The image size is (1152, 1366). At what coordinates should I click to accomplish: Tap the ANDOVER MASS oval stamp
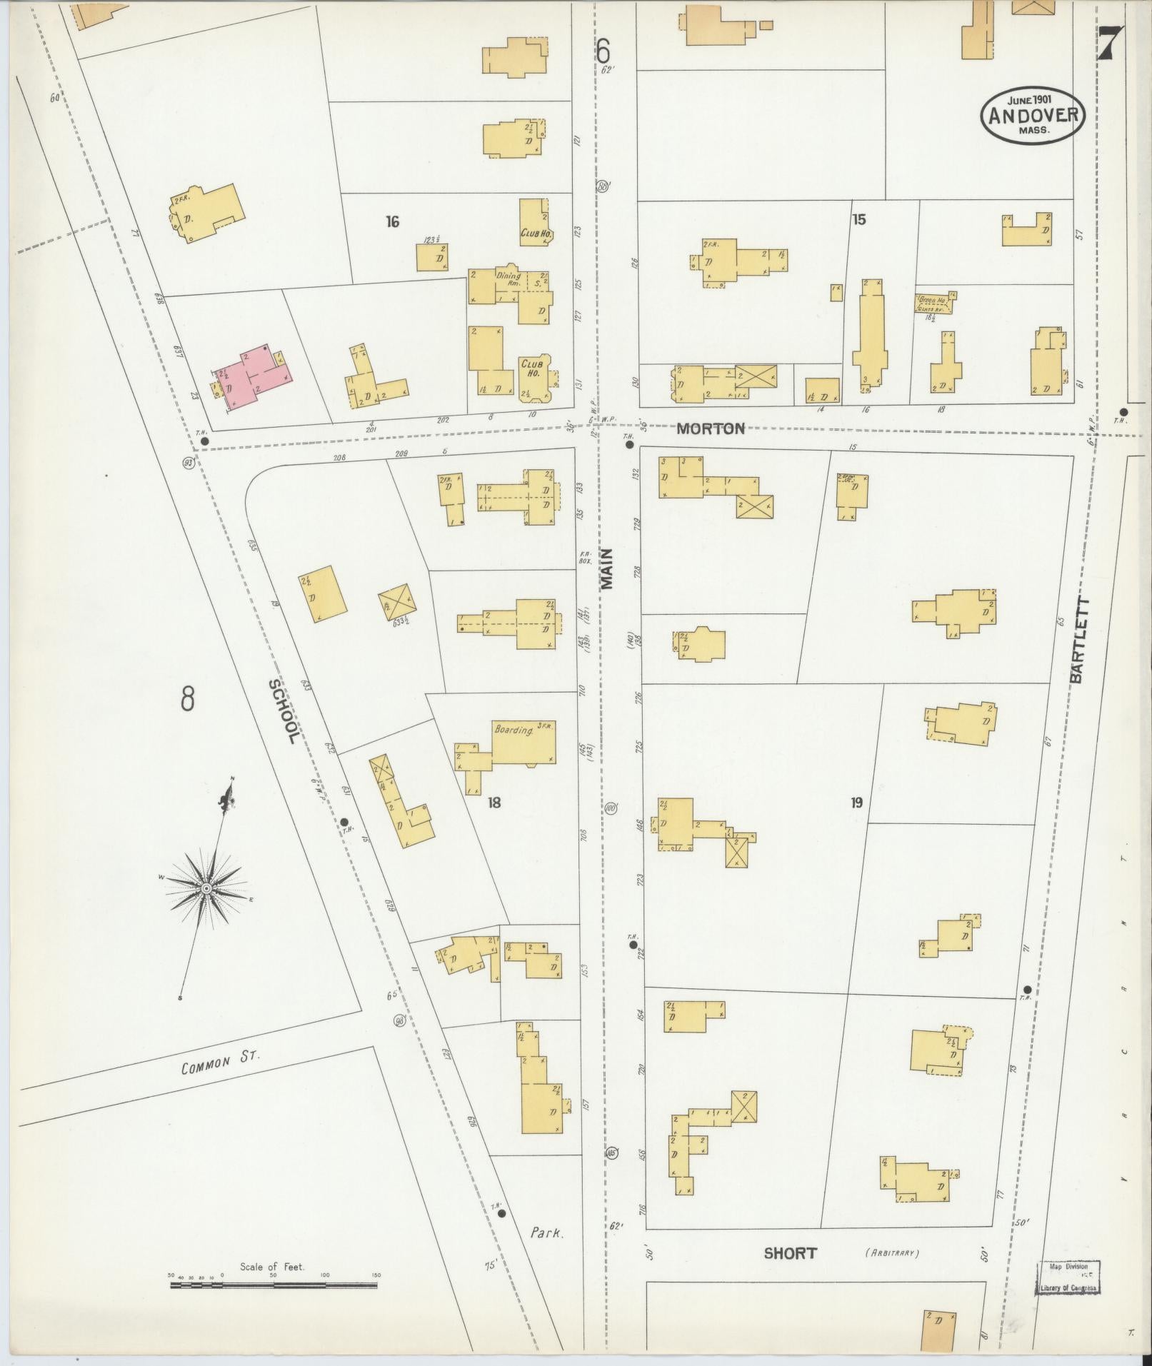click(x=1033, y=115)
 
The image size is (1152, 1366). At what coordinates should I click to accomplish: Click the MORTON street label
click(x=710, y=428)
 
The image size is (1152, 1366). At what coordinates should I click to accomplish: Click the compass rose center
click(x=206, y=888)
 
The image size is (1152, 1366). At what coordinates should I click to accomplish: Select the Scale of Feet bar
click(x=274, y=1285)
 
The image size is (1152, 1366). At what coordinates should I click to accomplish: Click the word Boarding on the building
click(x=514, y=730)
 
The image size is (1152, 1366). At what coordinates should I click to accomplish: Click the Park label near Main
click(x=548, y=1232)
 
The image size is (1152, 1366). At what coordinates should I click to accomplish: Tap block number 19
click(x=856, y=803)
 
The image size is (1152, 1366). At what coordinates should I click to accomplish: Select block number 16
click(x=391, y=221)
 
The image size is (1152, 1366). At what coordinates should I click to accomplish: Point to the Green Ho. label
click(x=931, y=301)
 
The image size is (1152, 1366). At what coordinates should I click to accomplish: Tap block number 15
click(x=858, y=219)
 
